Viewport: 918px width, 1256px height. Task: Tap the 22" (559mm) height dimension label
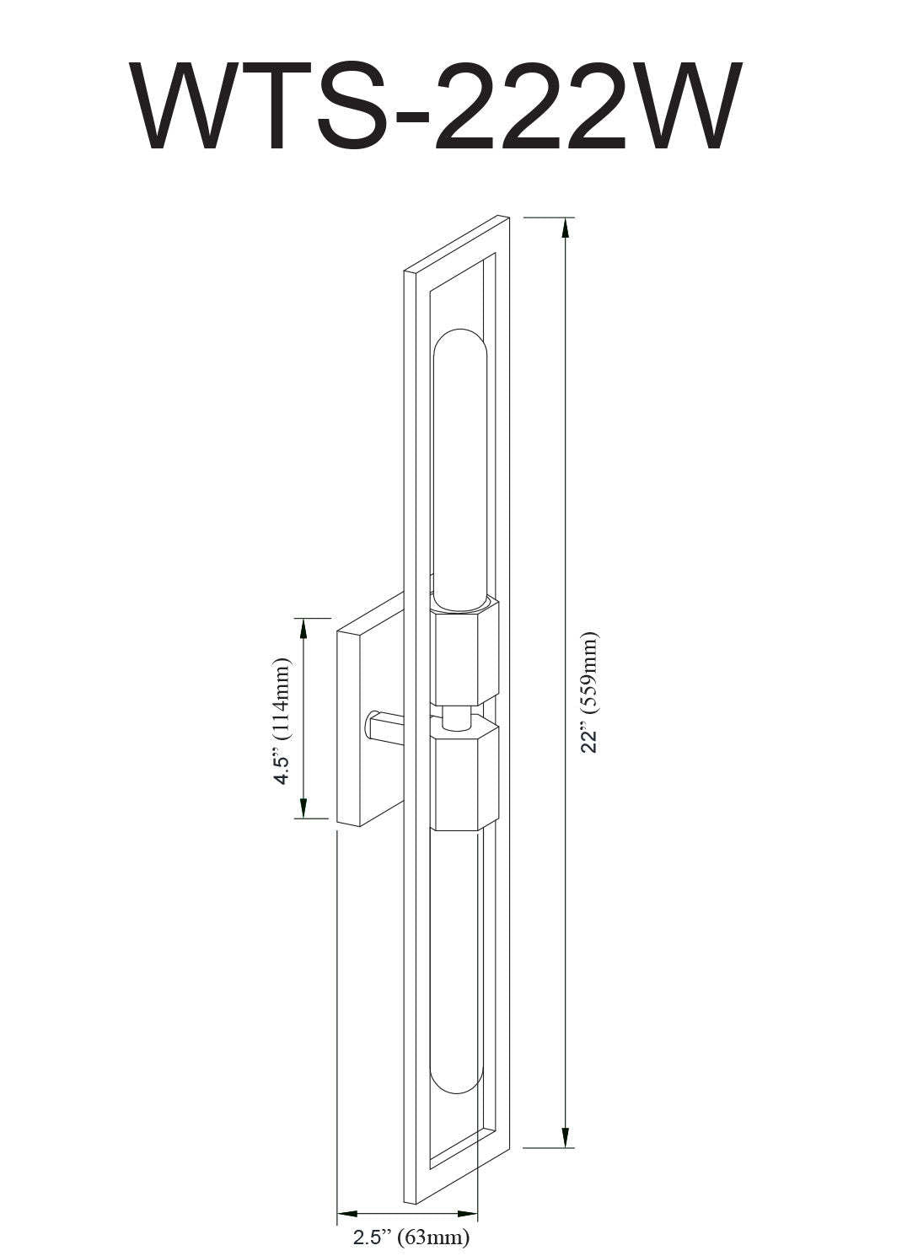589,692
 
